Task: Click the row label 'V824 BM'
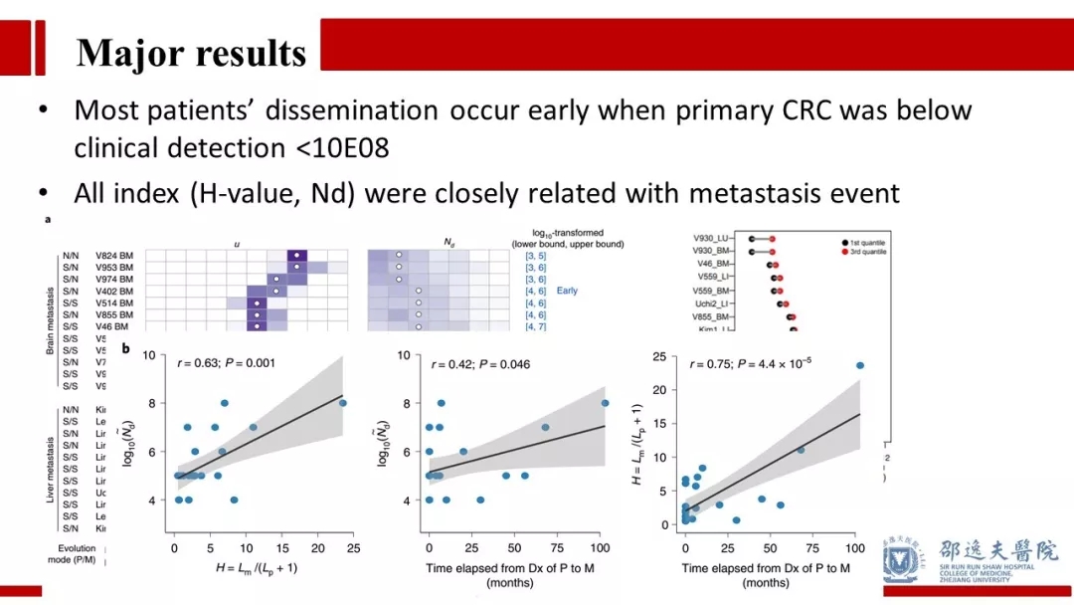click(x=113, y=255)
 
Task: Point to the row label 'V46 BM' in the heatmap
click(x=110, y=326)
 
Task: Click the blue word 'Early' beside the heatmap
click(x=567, y=291)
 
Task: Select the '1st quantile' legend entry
click(x=862, y=242)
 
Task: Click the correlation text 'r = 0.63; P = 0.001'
click(x=227, y=364)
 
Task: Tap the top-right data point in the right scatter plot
click(x=859, y=365)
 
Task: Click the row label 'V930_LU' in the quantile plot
click(x=712, y=239)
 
